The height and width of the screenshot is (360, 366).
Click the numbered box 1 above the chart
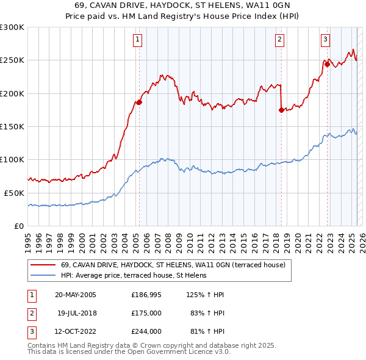(x=138, y=40)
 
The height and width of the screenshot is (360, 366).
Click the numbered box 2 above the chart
(x=279, y=40)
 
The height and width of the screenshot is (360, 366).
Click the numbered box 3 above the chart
(x=326, y=40)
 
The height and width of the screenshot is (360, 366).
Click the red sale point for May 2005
(x=139, y=103)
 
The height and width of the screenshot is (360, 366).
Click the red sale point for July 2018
(x=281, y=110)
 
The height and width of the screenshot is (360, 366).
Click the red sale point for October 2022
(x=328, y=65)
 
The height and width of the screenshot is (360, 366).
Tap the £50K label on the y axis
(x=14, y=193)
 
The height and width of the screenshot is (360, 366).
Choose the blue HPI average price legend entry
(x=134, y=276)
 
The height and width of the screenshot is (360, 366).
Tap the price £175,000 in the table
(x=146, y=313)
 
